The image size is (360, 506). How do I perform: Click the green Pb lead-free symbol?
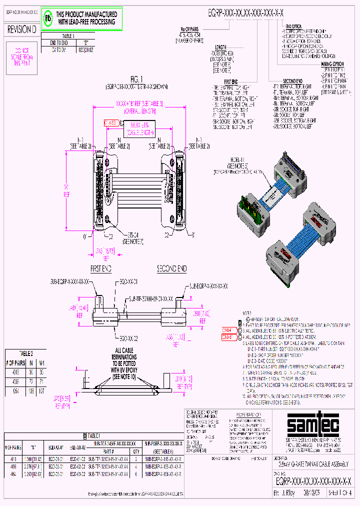(x=48, y=19)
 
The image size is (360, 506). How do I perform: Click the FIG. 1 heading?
(x=136, y=78)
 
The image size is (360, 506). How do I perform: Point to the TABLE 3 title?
(x=67, y=36)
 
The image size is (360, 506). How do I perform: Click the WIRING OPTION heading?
(x=332, y=64)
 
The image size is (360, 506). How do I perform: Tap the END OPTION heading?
(x=293, y=25)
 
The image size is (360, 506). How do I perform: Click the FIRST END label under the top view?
(x=100, y=268)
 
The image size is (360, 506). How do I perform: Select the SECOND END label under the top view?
(x=171, y=268)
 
